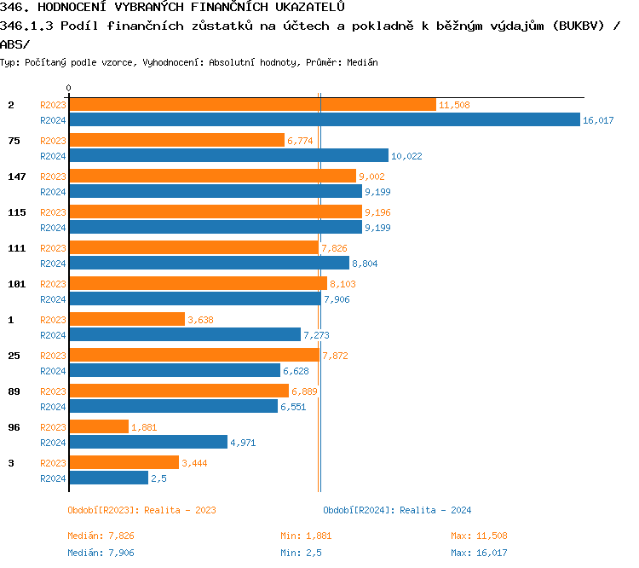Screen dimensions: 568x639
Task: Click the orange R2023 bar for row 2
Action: (252, 105)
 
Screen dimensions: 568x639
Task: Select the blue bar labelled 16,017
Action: (324, 120)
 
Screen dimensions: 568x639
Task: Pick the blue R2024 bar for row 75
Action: (228, 156)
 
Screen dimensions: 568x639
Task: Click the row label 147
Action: (17, 177)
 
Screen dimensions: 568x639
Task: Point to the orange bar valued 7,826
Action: (193, 248)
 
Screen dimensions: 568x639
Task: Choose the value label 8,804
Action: (364, 264)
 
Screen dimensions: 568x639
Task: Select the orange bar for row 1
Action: (126, 320)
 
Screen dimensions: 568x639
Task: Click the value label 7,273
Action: (317, 335)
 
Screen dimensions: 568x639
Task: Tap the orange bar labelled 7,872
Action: (193, 356)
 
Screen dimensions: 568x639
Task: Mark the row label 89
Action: (14, 391)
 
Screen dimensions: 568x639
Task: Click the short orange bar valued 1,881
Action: (98, 427)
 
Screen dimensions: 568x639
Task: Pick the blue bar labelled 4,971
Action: (147, 443)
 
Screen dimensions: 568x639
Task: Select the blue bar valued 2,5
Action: (108, 478)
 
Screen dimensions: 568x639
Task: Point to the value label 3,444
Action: (194, 463)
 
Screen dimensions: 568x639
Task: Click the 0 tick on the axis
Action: (68, 89)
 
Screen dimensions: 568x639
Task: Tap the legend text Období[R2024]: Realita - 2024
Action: (397, 510)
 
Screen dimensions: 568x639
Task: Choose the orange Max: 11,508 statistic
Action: (479, 536)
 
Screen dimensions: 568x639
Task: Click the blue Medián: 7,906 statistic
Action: (101, 553)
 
